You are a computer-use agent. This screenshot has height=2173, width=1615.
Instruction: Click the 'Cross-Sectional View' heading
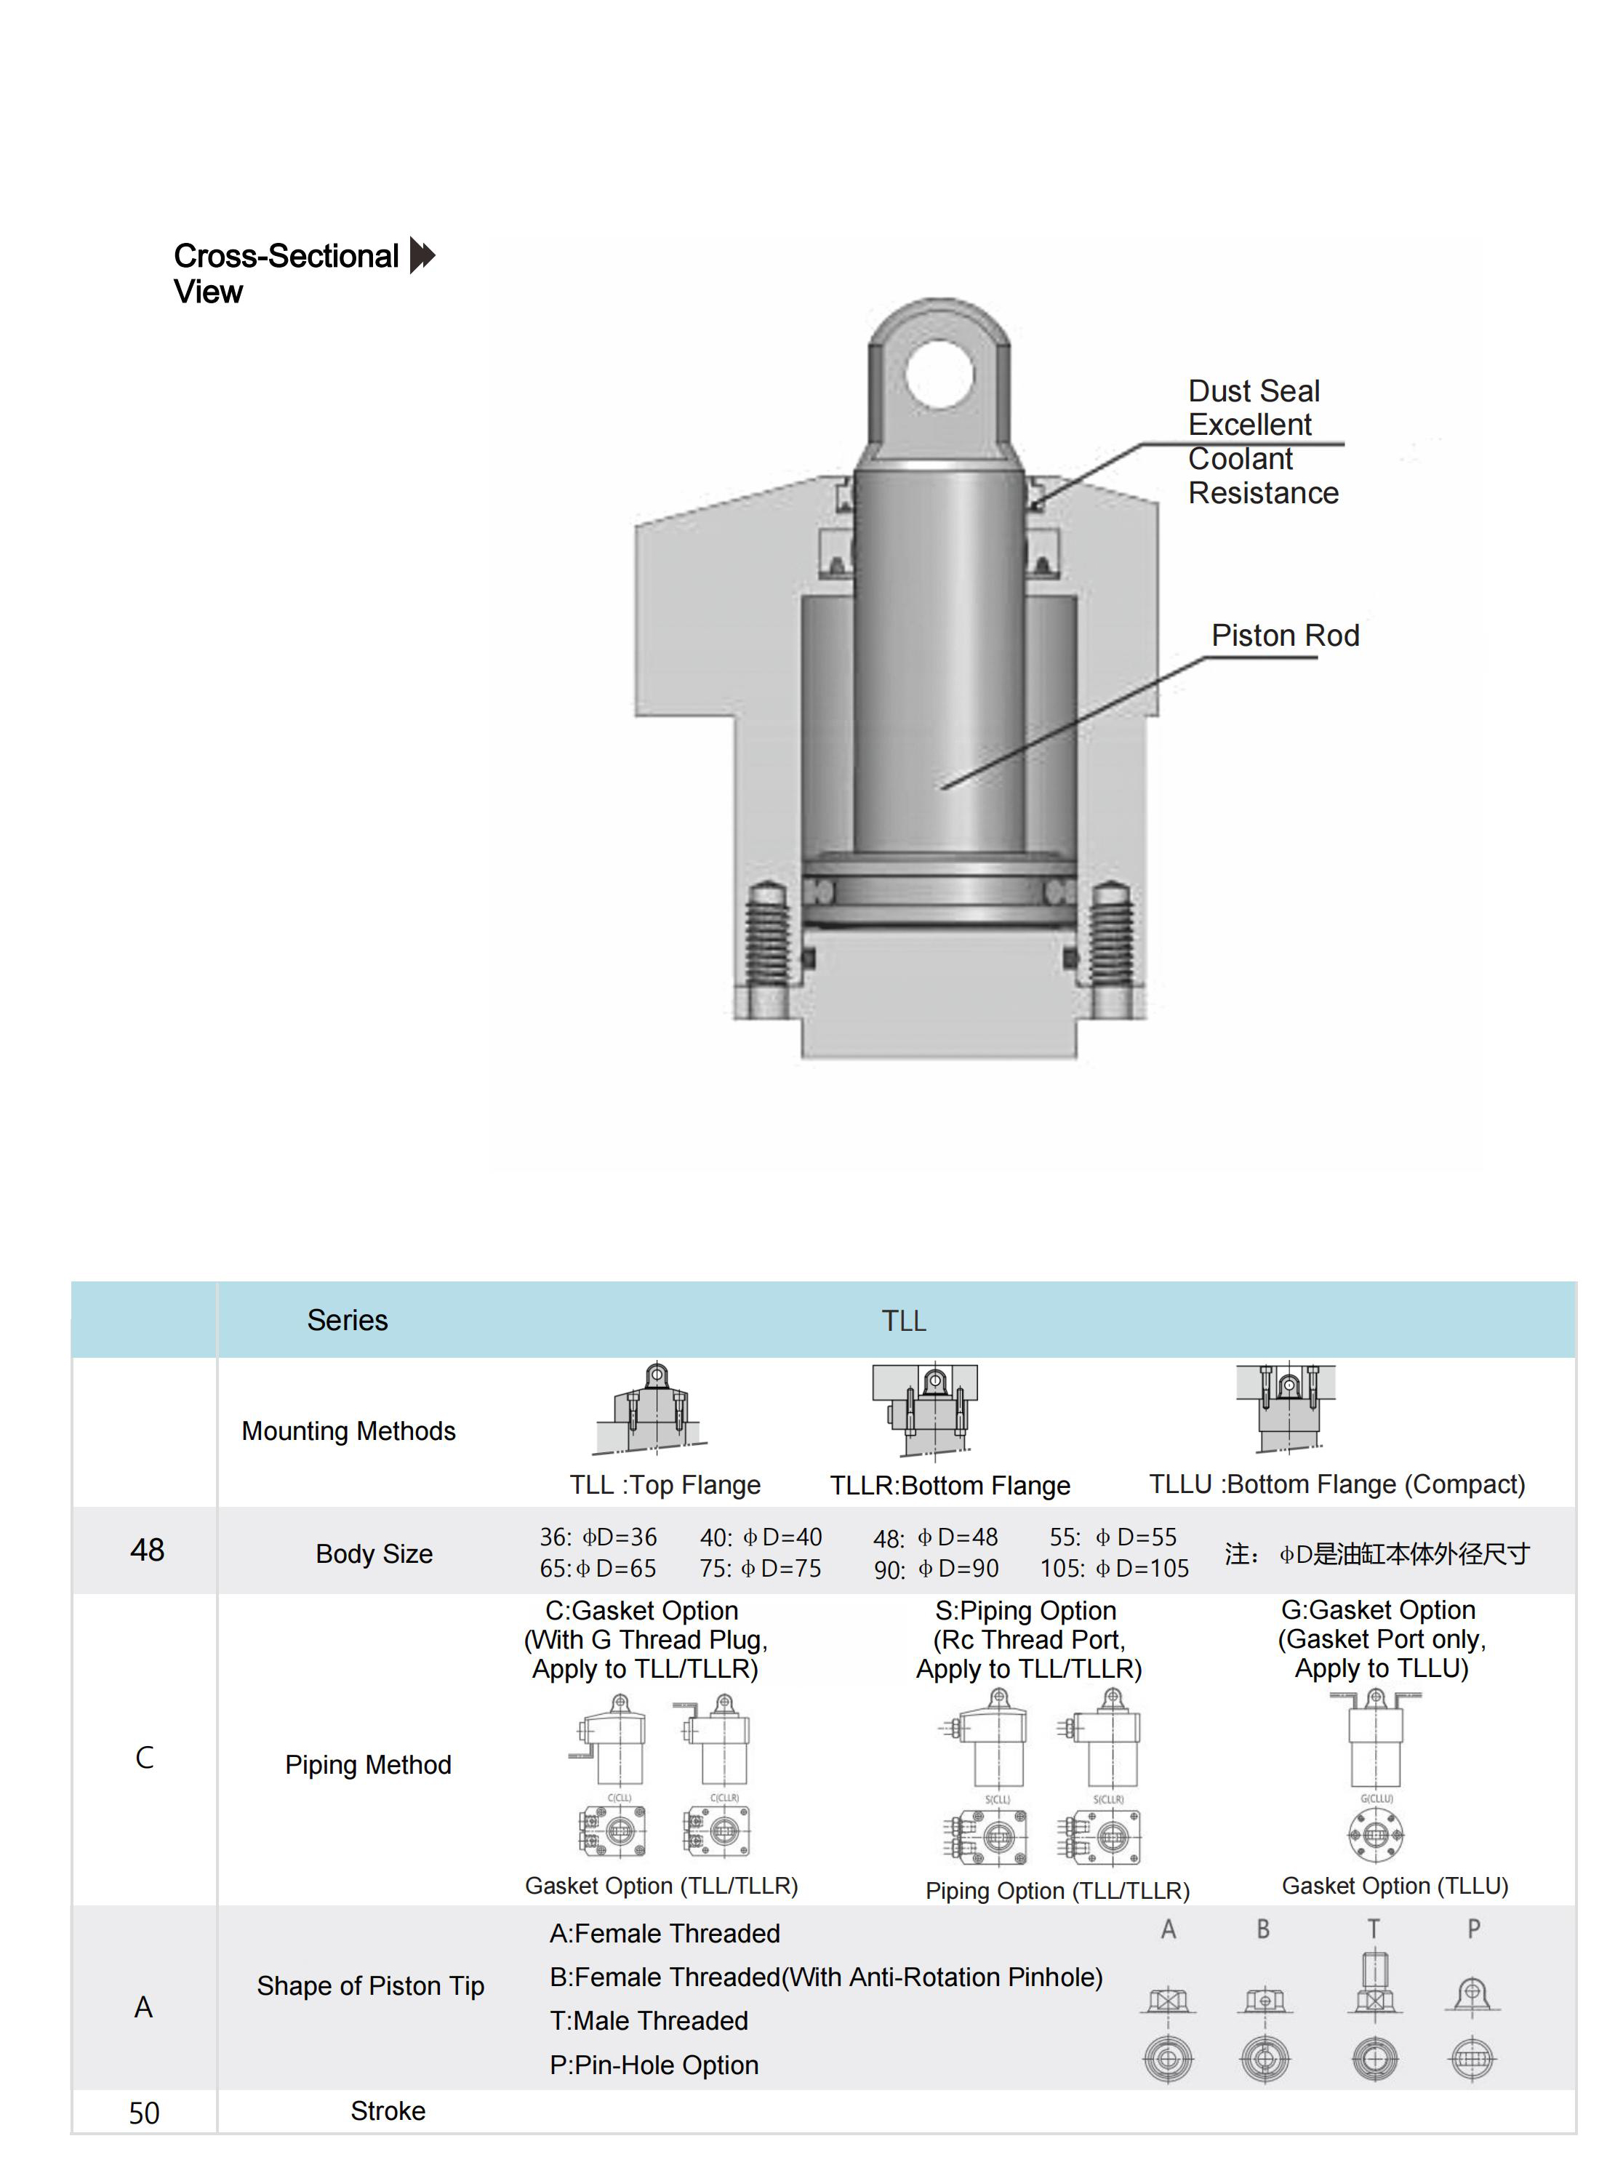tap(286, 273)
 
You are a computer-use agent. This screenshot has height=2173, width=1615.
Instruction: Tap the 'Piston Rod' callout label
tap(1285, 636)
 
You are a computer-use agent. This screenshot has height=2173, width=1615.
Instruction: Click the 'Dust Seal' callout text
tap(1254, 391)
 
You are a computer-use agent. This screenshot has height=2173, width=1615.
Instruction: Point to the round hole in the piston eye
tap(939, 375)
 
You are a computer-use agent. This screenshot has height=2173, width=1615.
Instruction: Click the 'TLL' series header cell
tap(903, 1321)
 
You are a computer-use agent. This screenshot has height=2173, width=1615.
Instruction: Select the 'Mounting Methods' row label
tap(348, 1431)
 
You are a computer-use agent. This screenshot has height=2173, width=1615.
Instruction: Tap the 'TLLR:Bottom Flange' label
tap(949, 1486)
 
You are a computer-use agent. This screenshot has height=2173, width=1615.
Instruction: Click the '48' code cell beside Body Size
tap(147, 1550)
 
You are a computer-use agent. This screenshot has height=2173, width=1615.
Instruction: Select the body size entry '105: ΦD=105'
tap(1115, 1569)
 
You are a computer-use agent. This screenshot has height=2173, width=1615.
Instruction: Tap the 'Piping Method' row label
tap(368, 1764)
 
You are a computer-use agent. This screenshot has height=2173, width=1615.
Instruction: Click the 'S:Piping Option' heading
tap(1025, 1611)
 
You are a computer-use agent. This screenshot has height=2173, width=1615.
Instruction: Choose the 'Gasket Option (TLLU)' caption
tap(1394, 1886)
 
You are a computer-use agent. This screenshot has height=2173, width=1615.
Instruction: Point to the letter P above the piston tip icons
tap(1473, 1929)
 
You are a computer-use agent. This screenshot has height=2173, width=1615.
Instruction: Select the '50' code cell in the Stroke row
tap(144, 2113)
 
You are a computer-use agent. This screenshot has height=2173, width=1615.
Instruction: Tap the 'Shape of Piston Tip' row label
tap(371, 1986)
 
